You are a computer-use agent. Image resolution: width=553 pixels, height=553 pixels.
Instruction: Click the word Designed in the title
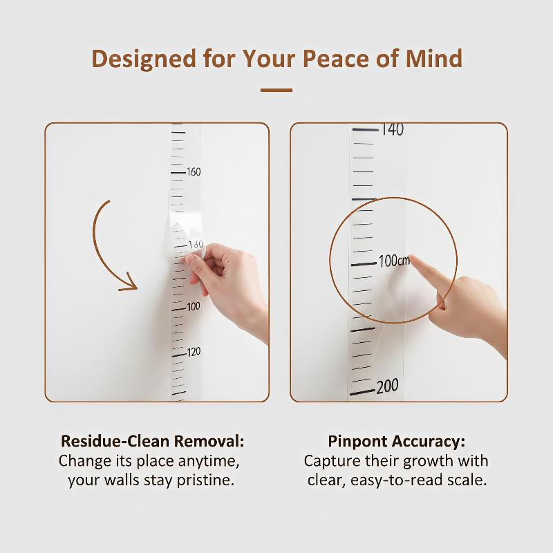(x=144, y=59)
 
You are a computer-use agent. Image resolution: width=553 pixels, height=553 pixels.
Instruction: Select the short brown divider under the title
(x=276, y=91)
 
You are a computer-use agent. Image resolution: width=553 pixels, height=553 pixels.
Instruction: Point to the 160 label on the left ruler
(x=194, y=171)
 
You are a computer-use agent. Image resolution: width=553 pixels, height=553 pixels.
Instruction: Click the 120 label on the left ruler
(x=194, y=352)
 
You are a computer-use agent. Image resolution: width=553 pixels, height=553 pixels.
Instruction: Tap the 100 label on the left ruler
(x=194, y=306)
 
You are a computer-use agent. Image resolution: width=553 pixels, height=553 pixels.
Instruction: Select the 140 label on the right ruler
(x=392, y=129)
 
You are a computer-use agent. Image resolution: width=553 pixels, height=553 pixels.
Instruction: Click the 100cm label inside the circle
(x=394, y=261)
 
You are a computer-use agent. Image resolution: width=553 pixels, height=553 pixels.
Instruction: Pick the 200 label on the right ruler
(x=387, y=386)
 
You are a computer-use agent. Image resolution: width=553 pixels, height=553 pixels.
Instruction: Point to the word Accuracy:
(x=427, y=442)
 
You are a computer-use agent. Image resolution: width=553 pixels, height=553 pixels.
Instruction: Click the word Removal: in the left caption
(x=209, y=441)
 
